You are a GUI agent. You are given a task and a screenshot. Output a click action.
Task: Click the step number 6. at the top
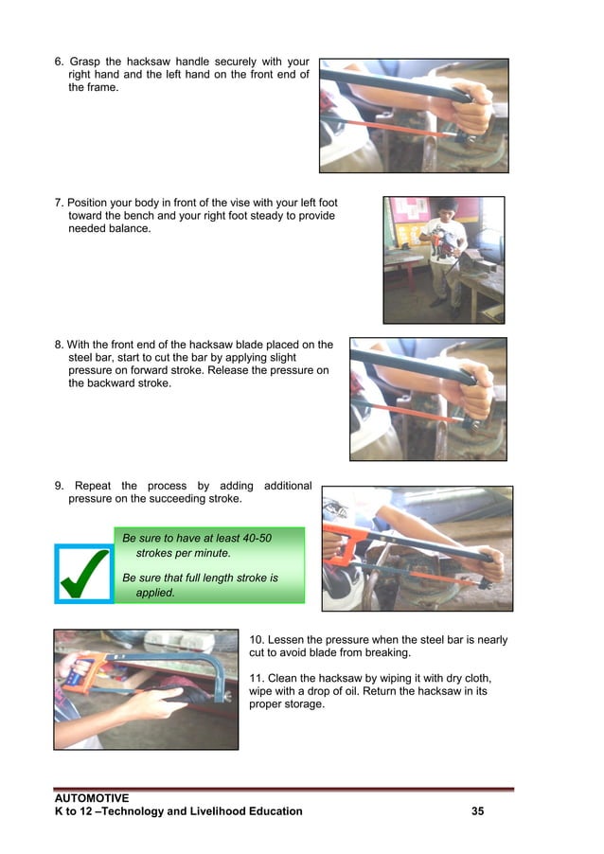coord(60,62)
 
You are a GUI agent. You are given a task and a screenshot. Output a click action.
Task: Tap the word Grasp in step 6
coord(87,62)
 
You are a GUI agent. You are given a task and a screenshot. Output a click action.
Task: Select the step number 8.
coord(59,345)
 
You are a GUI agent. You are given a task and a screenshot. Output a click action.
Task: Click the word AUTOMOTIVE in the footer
coord(92,798)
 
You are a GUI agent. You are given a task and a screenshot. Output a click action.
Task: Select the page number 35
coord(477,811)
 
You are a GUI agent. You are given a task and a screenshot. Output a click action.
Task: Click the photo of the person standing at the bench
coord(443,259)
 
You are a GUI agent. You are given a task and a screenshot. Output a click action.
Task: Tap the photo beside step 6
coord(413,116)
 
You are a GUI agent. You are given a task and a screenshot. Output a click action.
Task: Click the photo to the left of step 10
coord(146,689)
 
